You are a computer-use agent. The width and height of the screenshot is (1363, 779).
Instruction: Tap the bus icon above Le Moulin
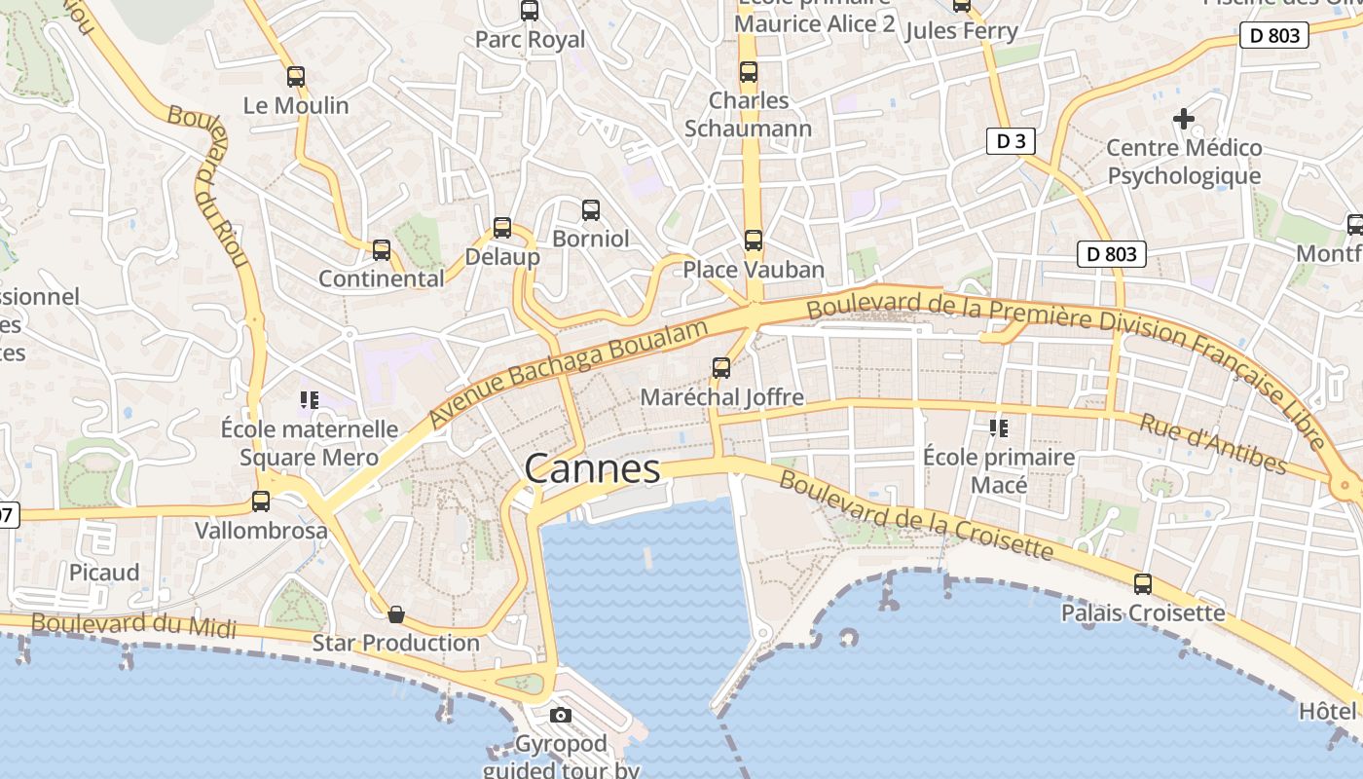coord(296,76)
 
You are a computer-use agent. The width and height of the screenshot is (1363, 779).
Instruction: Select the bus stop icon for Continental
coord(382,250)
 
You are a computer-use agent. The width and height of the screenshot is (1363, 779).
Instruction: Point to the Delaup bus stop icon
coord(502,228)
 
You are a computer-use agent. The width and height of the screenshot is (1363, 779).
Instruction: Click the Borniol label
coord(590,239)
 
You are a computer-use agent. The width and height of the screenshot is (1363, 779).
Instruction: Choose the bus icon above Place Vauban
coord(753,240)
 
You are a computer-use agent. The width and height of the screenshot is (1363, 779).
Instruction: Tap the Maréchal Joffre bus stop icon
coord(721,368)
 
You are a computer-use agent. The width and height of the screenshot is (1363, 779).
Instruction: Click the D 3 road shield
coord(1011,141)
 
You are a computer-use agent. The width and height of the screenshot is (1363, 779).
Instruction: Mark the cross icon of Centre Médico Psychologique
coord(1184,119)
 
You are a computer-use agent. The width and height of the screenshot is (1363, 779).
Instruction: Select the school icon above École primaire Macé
coord(998,427)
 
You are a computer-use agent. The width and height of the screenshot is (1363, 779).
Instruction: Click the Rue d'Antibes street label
coord(1213,443)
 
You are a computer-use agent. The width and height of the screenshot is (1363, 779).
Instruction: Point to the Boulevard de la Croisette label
coord(916,517)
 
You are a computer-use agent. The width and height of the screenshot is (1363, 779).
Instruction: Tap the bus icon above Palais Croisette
coord(1143,584)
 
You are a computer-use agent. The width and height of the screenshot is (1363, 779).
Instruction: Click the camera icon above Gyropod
coord(560,716)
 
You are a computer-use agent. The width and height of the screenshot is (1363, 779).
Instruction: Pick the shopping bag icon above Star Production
coord(396,614)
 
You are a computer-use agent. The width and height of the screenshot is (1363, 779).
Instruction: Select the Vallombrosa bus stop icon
coord(261,501)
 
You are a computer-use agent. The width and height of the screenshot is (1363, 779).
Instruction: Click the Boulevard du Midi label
coord(133,625)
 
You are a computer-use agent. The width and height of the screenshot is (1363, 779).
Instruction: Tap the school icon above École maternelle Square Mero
coord(310,399)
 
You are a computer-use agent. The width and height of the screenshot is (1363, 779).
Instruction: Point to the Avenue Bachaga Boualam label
coord(568,374)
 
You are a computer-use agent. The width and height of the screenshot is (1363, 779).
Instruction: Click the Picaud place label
coord(104,572)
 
